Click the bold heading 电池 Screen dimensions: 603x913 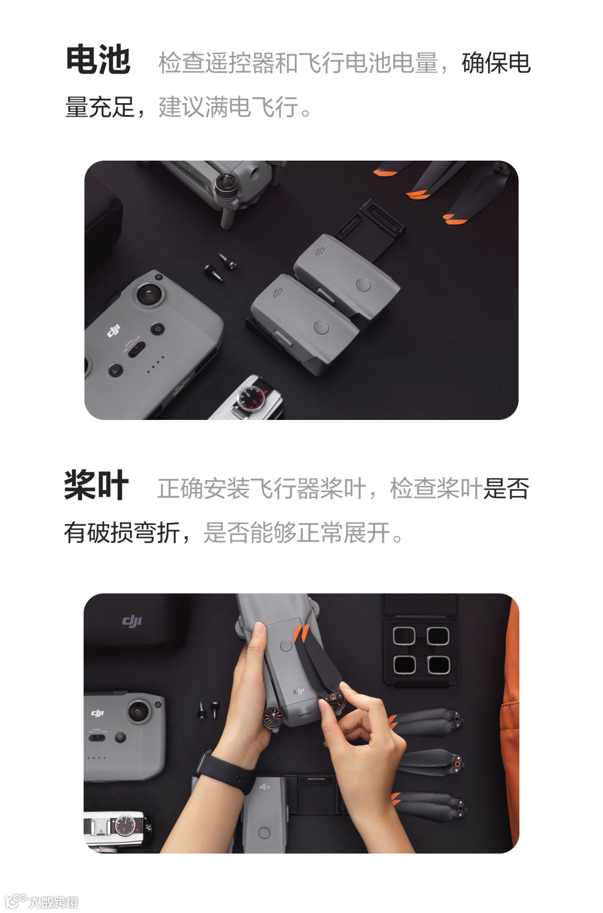click(x=98, y=60)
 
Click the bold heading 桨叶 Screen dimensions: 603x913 click(x=96, y=485)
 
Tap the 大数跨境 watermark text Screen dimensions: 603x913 click(x=54, y=902)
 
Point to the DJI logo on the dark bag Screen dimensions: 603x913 click(x=132, y=621)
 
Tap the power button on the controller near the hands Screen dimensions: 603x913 click(x=121, y=737)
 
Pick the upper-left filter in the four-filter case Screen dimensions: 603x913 click(x=404, y=635)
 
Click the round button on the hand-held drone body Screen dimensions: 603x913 click(x=286, y=645)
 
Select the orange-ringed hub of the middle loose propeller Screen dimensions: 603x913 click(x=458, y=763)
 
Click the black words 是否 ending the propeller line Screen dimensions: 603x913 click(x=506, y=489)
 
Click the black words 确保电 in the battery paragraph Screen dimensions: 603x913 click(x=496, y=63)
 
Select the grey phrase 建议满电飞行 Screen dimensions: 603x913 click(x=228, y=107)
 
